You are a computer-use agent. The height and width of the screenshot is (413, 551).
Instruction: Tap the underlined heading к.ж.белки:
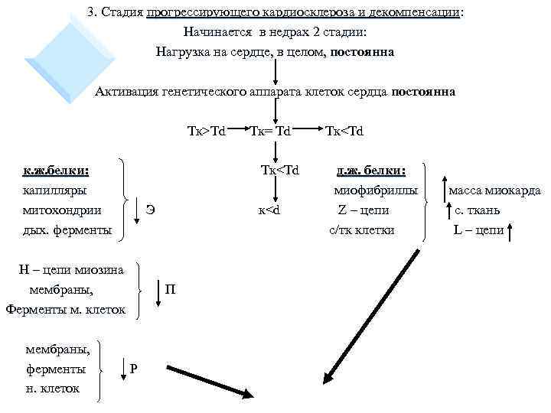[x=56, y=170]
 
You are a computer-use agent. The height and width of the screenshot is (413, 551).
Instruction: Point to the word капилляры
[x=54, y=190]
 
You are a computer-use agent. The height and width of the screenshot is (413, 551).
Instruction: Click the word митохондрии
[x=62, y=210]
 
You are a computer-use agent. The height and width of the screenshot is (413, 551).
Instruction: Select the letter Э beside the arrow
[x=151, y=210]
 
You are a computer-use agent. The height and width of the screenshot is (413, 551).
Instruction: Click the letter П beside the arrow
[x=170, y=289]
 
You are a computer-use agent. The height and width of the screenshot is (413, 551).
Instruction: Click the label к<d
[x=270, y=210]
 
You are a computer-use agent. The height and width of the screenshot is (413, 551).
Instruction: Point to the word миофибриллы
[x=375, y=190]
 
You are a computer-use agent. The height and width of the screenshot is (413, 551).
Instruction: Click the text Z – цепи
[x=364, y=210]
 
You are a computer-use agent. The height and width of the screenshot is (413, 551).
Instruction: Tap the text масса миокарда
[x=494, y=190]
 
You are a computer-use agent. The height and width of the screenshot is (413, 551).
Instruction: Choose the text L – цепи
[x=479, y=229]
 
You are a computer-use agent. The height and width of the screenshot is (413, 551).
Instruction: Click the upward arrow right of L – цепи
[x=510, y=229]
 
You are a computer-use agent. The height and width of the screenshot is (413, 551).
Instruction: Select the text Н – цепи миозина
[x=70, y=269]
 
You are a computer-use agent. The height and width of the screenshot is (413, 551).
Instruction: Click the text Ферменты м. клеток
[x=65, y=309]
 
